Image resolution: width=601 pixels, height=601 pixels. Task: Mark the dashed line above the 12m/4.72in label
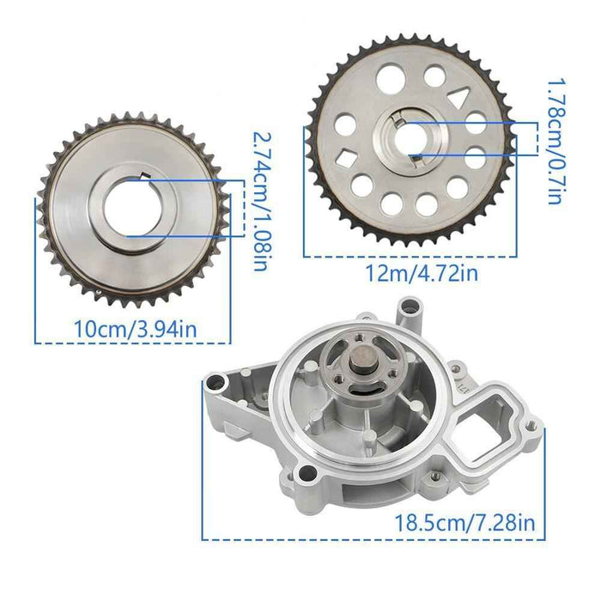click(x=410, y=256)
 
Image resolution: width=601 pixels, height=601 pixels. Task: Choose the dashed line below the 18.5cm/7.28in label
click(x=373, y=539)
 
